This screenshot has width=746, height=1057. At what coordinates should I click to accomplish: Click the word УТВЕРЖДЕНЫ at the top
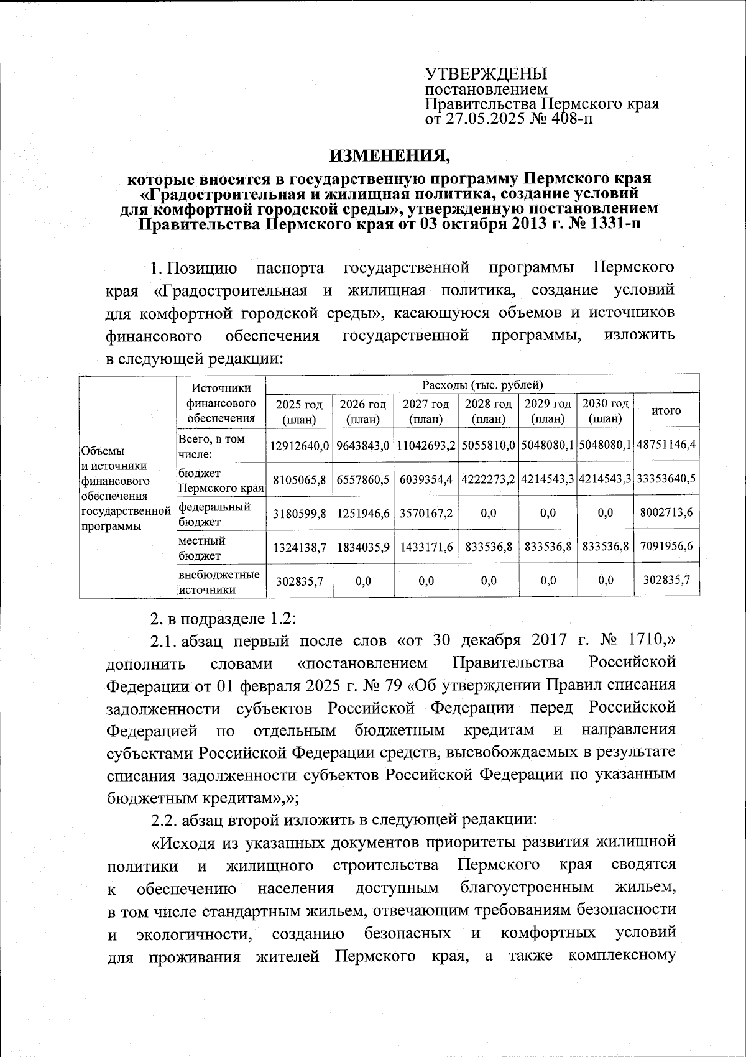click(486, 74)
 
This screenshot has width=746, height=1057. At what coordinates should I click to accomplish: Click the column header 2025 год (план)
click(298, 412)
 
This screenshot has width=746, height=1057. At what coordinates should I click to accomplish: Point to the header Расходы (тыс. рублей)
click(482, 385)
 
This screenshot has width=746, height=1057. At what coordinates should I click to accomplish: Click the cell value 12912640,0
click(298, 446)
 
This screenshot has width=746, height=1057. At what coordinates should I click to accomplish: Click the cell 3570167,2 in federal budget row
click(426, 514)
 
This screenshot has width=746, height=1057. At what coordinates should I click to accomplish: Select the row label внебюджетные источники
click(218, 581)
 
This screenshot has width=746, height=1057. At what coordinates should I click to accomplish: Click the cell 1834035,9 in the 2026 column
click(363, 547)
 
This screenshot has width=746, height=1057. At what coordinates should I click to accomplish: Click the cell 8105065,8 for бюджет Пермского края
click(298, 479)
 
